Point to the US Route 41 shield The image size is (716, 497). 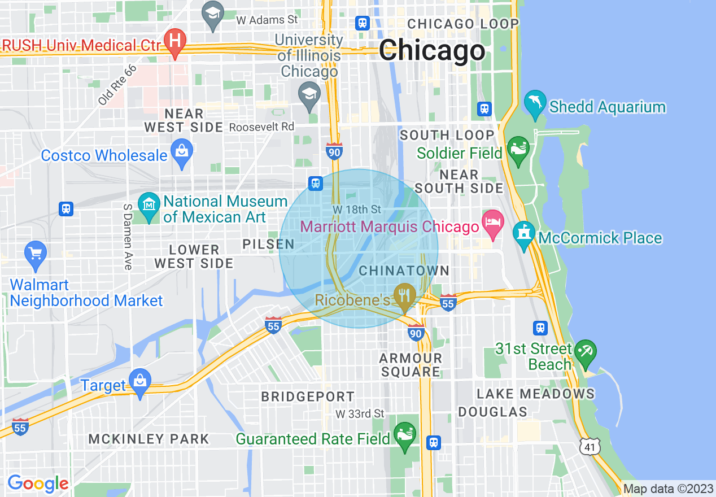(590, 446)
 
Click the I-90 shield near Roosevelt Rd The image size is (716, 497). (334, 151)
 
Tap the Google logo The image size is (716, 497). (38, 483)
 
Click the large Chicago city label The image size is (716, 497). (432, 51)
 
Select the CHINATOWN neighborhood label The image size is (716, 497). (404, 271)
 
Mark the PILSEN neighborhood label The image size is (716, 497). (269, 244)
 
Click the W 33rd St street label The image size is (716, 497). (360, 414)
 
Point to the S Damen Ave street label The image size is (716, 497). (127, 236)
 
